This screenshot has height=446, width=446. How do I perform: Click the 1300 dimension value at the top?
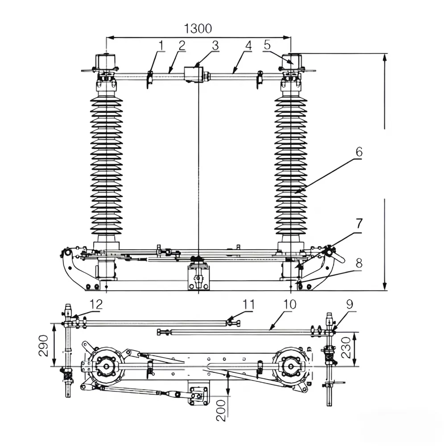[198, 29]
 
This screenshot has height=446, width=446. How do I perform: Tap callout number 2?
[182, 45]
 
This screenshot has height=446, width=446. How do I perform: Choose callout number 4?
[248, 45]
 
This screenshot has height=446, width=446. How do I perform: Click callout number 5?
[267, 45]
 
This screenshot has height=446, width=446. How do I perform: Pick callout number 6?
[359, 152]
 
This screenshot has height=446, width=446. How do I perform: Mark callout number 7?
[359, 223]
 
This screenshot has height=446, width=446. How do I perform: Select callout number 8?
[359, 263]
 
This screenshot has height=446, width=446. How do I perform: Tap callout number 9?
[349, 305]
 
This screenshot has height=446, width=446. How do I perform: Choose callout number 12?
[96, 304]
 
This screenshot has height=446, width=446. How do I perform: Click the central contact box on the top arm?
[194, 74]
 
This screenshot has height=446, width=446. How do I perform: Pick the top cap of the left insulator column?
[106, 61]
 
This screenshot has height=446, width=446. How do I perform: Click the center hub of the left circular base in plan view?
[106, 367]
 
